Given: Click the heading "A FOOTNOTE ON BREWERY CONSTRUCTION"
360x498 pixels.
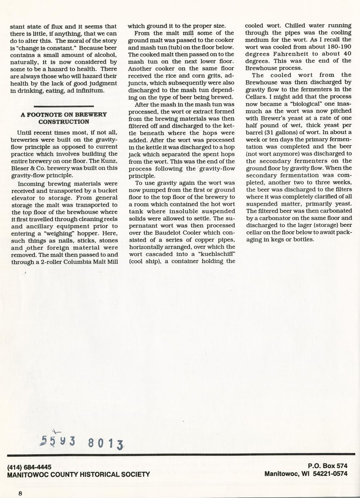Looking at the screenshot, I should (x=64, y=118).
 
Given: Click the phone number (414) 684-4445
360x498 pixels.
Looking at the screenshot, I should (x=29, y=467).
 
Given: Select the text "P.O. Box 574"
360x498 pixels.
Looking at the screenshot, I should (x=327, y=466).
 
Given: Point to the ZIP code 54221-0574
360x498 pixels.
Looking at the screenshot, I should (x=330, y=473).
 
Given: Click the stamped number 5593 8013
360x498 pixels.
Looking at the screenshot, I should (x=82, y=442).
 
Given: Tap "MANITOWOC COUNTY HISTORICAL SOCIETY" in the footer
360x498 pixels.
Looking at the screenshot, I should (x=78, y=474).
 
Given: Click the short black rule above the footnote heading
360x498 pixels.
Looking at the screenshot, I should (x=64, y=106).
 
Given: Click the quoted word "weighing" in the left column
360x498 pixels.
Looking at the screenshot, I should (x=56, y=233).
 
